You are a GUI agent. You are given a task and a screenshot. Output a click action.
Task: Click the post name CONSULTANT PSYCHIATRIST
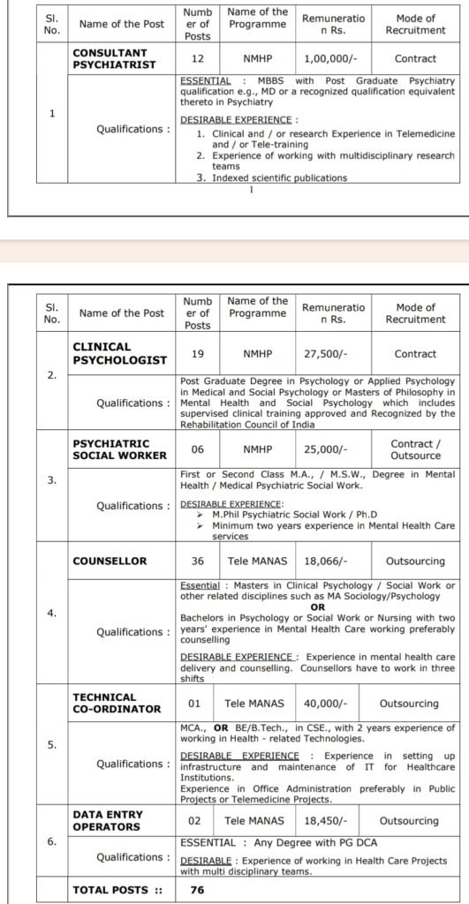tap(114, 59)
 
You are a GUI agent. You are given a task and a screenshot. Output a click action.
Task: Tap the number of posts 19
tap(197, 354)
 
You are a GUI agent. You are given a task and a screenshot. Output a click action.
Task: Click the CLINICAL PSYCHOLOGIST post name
tap(119, 354)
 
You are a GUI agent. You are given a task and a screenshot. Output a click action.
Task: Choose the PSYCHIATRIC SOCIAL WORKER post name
tap(119, 449)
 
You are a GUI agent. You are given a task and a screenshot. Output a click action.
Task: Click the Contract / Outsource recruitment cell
tap(415, 449)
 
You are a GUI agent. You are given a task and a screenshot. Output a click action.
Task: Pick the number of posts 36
tap(197, 561)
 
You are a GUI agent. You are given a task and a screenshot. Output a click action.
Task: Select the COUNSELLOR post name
tap(110, 561)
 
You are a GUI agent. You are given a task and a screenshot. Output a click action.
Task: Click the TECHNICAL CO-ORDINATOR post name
tap(117, 704)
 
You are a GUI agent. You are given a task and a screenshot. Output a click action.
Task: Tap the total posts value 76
tap(197, 890)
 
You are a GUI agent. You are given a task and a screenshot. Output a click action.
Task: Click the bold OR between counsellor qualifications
tap(318, 607)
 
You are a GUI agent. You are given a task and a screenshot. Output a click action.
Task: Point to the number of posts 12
tap(197, 59)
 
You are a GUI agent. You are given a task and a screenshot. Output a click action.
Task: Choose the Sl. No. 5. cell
tap(51, 744)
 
